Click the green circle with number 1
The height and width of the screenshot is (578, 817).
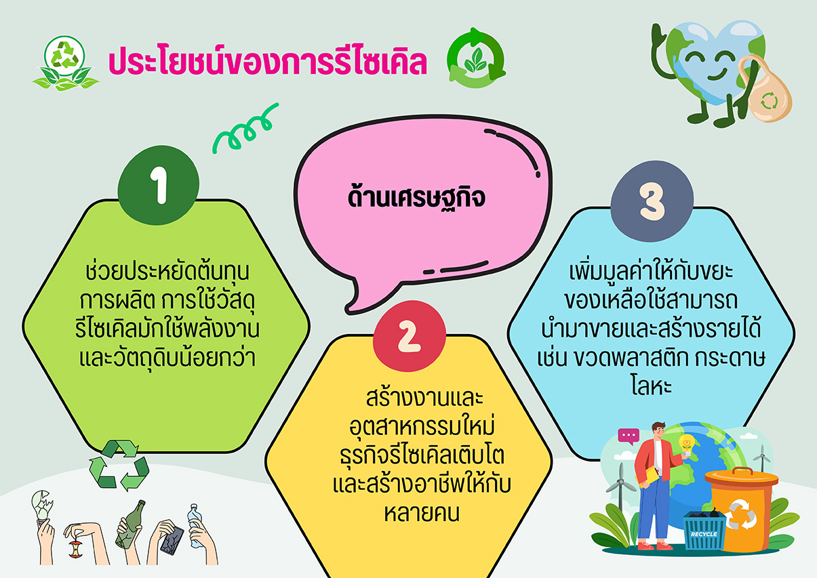point(158,185)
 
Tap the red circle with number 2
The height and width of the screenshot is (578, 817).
point(410,336)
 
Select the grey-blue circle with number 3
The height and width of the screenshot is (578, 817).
point(652,201)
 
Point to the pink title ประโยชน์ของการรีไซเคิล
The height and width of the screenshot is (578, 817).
point(268,61)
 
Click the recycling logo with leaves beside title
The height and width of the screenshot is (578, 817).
point(65,63)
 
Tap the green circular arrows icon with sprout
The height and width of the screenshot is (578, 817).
point(475,58)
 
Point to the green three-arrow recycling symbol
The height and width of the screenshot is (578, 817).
point(119,466)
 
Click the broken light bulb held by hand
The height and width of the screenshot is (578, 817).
point(42,505)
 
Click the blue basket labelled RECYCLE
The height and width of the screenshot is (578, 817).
point(704,531)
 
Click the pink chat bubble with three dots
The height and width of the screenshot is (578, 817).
point(629,436)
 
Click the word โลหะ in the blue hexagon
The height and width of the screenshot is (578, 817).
point(652,386)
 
